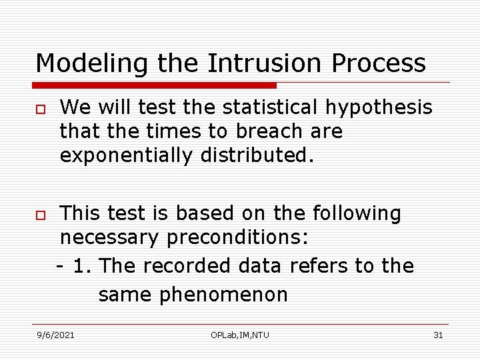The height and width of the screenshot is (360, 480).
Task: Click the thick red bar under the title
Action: point(155,85)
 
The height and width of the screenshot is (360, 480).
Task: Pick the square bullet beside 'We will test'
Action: point(41,109)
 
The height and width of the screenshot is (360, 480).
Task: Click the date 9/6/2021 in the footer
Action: point(55,335)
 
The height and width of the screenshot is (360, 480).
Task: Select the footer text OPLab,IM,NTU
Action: point(240,335)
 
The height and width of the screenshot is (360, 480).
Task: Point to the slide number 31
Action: point(438,335)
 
